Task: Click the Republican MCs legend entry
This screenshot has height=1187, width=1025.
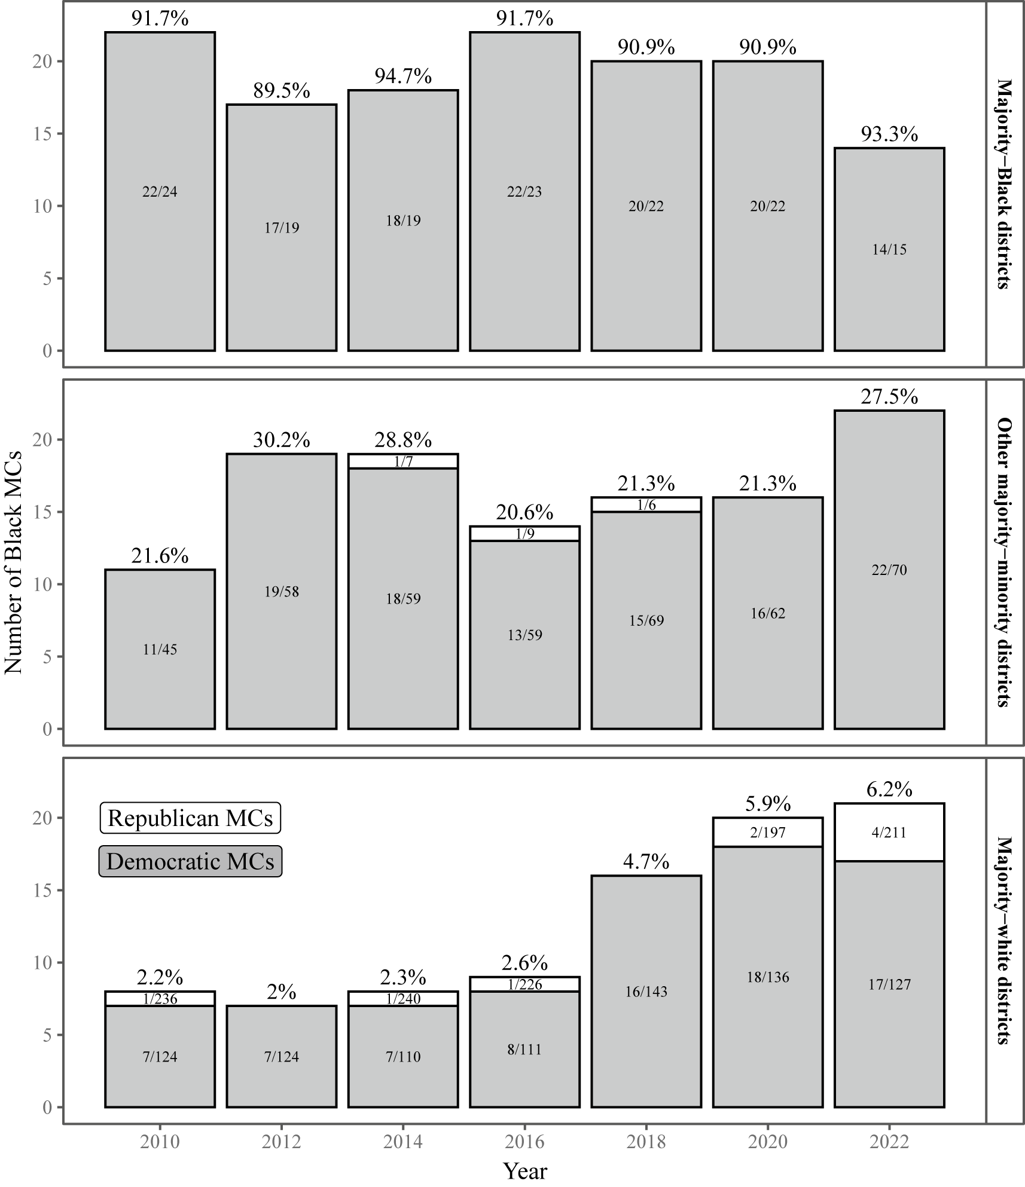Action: [190, 818]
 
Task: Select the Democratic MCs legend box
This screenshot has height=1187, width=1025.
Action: [190, 861]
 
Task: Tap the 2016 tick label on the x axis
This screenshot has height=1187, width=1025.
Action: [524, 1142]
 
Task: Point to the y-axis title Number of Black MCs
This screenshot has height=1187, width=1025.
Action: [13, 562]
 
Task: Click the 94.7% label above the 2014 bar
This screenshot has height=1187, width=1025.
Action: [403, 77]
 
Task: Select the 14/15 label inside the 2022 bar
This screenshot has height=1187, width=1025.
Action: [889, 250]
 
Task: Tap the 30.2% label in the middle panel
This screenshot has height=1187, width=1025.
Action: [281, 440]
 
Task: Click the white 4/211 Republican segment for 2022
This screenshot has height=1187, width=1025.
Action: [889, 832]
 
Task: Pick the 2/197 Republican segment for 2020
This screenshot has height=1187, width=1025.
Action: [767, 832]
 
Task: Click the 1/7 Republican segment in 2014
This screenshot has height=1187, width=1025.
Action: [403, 461]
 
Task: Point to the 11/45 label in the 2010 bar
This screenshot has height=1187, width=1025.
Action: [160, 649]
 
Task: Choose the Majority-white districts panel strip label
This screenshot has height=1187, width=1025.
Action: [1005, 941]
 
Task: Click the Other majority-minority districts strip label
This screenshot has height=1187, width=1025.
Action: [1005, 562]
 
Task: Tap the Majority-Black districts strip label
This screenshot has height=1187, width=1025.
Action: [1005, 184]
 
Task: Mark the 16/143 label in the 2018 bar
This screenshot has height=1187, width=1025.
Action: [646, 992]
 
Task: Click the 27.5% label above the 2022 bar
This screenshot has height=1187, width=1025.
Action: [889, 397]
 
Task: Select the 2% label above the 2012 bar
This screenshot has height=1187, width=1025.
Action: [281, 992]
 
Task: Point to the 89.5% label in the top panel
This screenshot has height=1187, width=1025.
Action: [281, 91]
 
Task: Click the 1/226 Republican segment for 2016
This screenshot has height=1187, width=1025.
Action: [524, 984]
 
